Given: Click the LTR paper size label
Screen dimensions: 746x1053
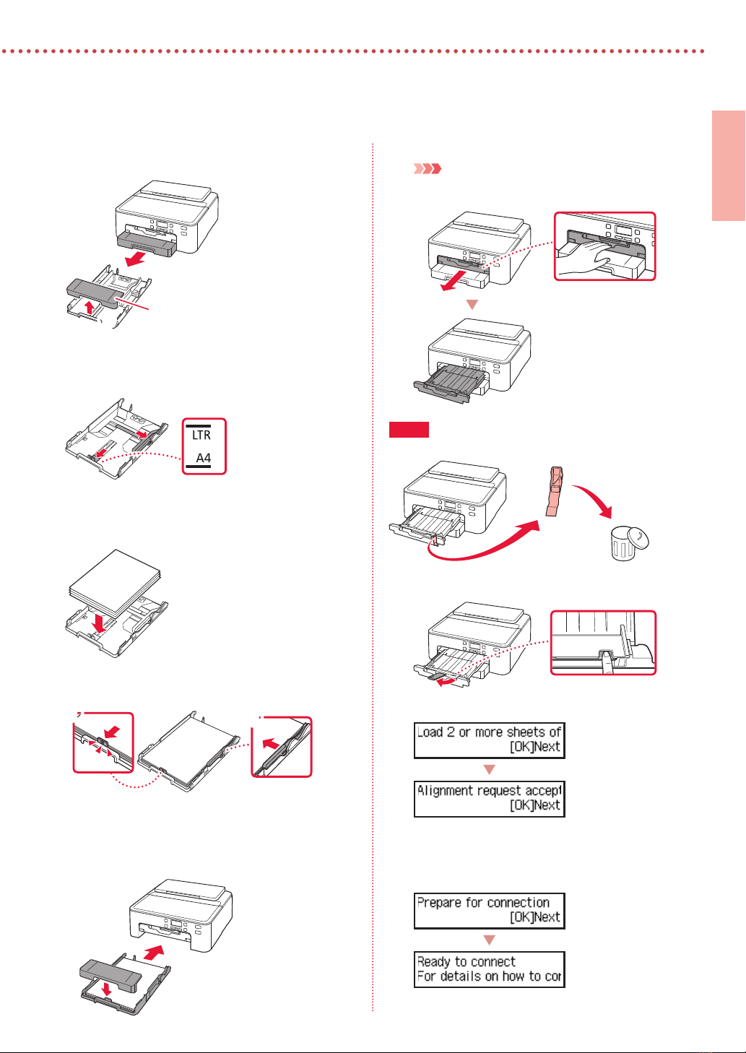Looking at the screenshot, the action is point(201,435).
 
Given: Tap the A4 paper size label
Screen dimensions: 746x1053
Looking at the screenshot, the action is point(204,458).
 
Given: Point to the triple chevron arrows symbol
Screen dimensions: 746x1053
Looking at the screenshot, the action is point(427,169).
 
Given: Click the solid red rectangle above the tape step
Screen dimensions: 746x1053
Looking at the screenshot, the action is point(409,430).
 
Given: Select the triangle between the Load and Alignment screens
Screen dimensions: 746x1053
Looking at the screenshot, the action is point(489,769).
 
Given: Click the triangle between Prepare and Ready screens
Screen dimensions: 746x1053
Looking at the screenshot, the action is point(489,940).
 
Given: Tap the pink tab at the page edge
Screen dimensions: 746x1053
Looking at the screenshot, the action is point(728,165).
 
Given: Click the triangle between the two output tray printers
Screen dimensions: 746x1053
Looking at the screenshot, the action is point(472,305).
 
